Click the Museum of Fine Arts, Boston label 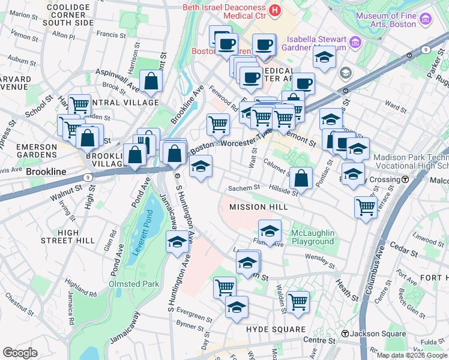coord(386,20)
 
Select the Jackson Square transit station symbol coord(345,334)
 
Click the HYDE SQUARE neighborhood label coord(276,330)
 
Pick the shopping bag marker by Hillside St coord(301,177)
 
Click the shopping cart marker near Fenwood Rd coord(217,124)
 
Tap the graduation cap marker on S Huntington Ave coord(176,242)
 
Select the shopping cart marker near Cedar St coord(365,207)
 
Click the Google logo coord(20,353)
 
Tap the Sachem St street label coord(239,188)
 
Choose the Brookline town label coord(46,172)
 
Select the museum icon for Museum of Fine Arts coord(426,19)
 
